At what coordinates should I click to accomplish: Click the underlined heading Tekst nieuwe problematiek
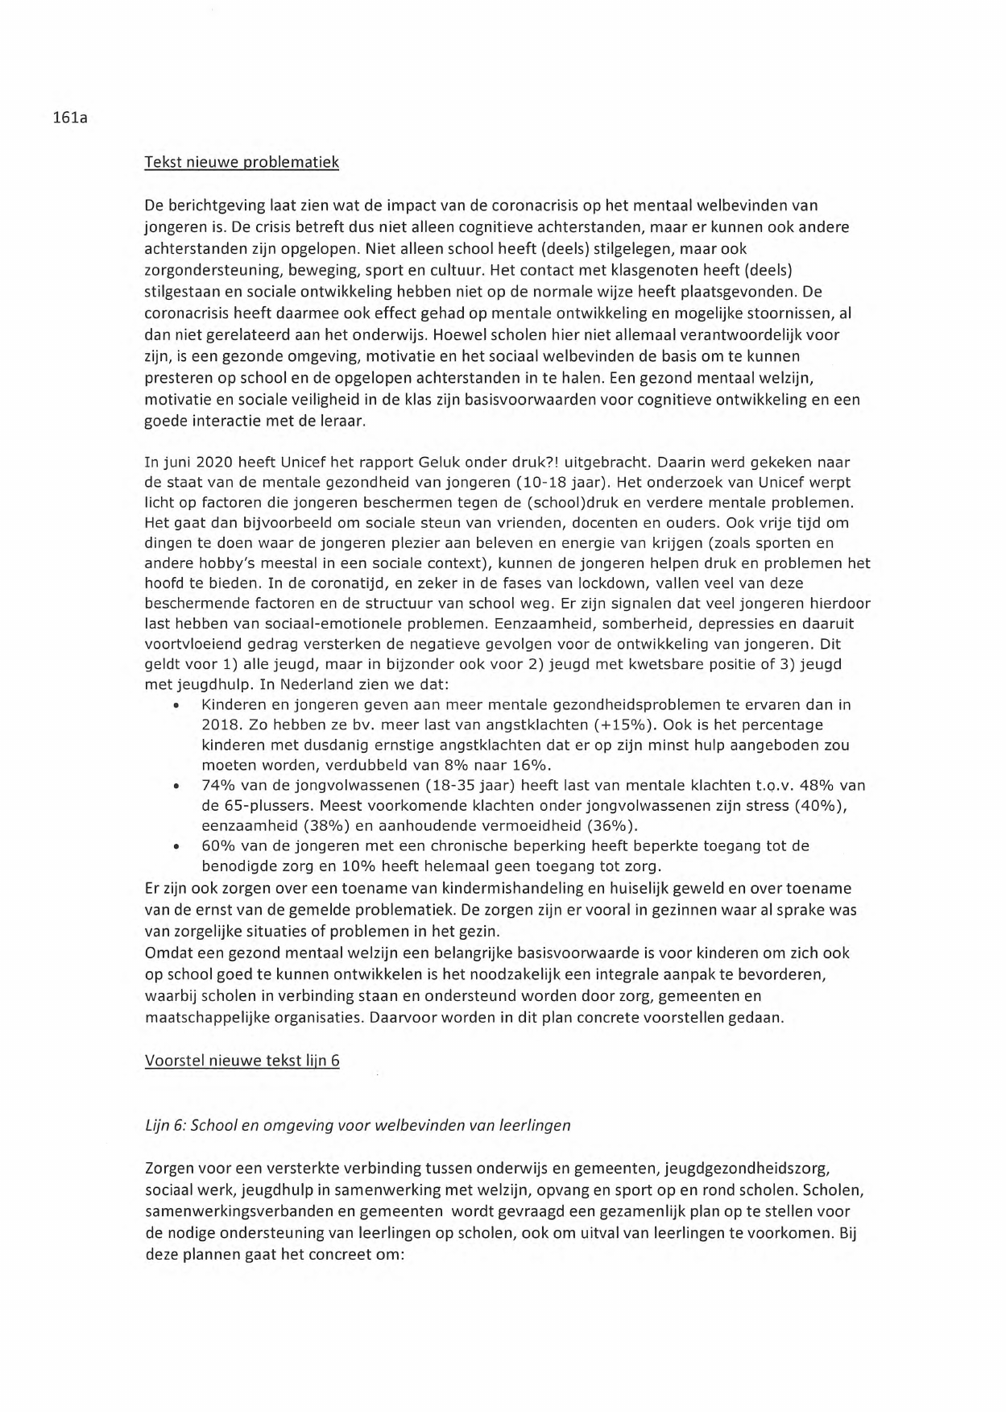point(241,163)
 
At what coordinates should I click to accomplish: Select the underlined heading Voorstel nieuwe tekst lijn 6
point(242,1061)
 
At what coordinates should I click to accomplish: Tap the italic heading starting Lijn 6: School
point(358,1125)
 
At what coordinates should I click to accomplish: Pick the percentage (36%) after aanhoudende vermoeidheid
point(611,825)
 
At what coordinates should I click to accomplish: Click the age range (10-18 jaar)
point(564,483)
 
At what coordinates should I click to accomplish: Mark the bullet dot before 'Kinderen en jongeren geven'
point(175,705)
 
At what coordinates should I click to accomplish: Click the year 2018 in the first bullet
point(218,725)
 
